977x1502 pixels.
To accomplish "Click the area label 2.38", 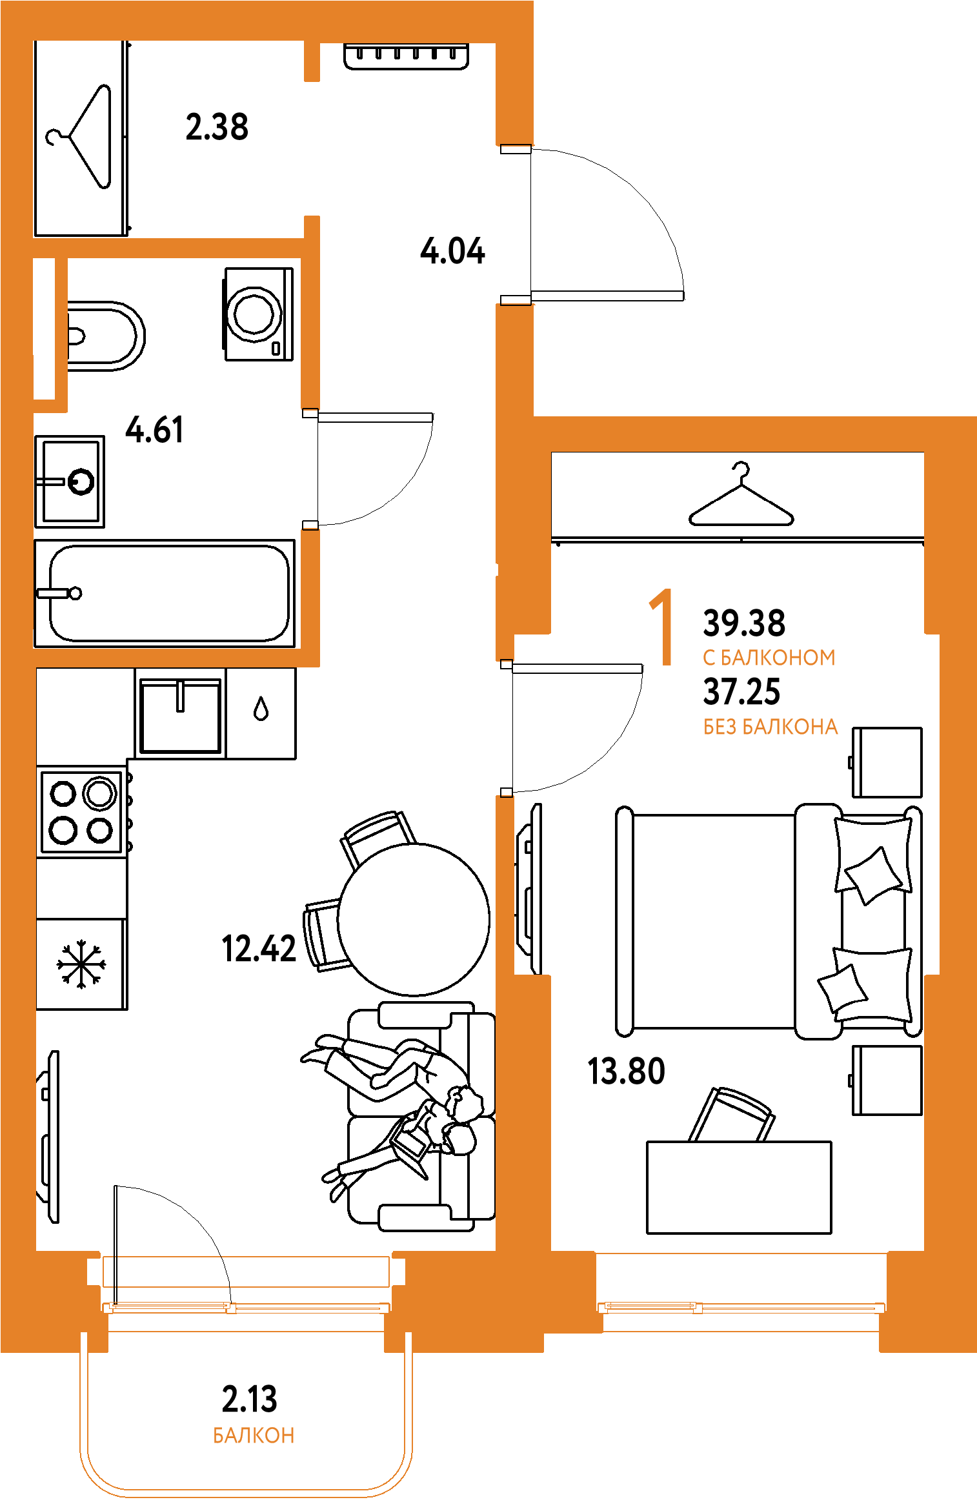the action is [x=217, y=127].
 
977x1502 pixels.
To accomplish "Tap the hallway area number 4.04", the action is [x=452, y=250].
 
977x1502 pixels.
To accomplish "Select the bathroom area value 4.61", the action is [x=154, y=429].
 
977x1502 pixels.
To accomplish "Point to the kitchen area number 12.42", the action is [x=259, y=949].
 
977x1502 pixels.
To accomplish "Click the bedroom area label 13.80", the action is [x=626, y=1071].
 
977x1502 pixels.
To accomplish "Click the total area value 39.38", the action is [x=744, y=623].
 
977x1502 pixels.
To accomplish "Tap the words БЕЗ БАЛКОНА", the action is [x=771, y=727].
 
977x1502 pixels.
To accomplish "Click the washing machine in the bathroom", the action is [x=258, y=314].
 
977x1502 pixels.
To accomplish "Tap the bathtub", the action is [x=165, y=593].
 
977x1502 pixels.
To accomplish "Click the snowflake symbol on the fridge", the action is [x=81, y=964].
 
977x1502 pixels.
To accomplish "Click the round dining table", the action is [x=414, y=919].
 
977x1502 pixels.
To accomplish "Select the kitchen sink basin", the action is [x=181, y=715].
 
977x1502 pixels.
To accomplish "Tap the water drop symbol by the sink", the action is [x=261, y=709].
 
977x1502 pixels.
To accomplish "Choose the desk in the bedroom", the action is [x=739, y=1188].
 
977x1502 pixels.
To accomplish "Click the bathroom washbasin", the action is [x=70, y=482].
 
